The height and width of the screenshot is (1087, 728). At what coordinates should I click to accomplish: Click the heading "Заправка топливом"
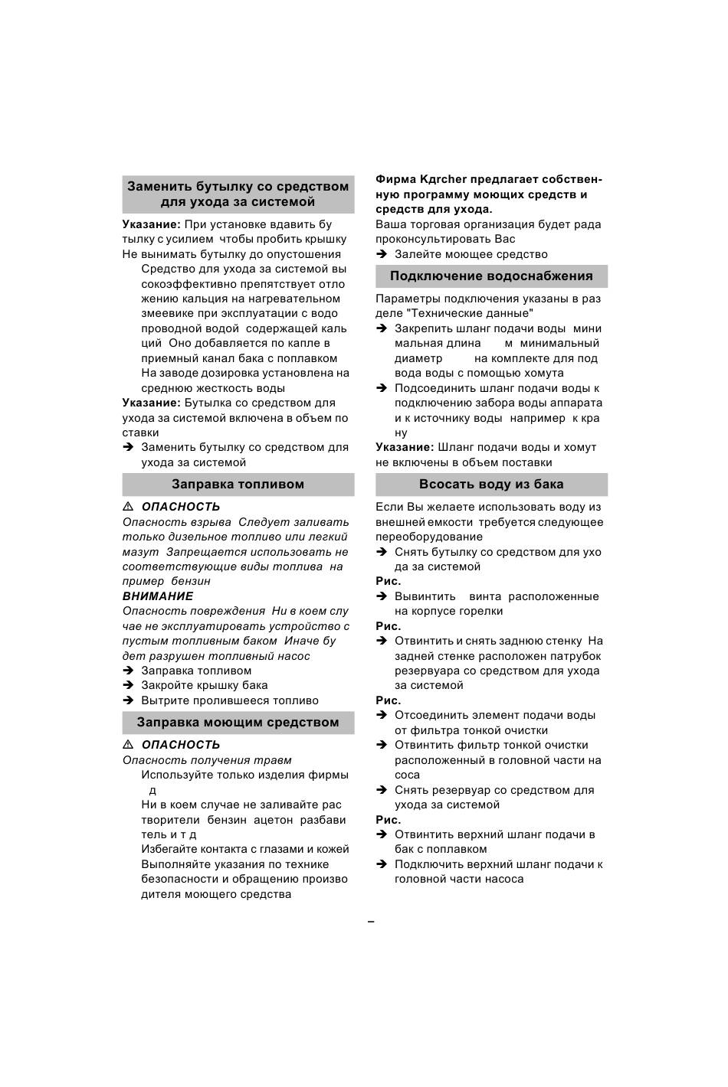coord(238,485)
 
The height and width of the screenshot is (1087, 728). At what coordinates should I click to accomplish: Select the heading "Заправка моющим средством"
coord(238,723)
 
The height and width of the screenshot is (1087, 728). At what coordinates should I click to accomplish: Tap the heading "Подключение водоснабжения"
coord(491,276)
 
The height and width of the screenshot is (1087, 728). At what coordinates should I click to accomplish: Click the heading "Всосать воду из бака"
coord(491,485)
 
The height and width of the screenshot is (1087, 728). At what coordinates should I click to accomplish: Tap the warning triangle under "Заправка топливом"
coord(128,507)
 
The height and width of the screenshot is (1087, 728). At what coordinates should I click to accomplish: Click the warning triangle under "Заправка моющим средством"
coord(128,745)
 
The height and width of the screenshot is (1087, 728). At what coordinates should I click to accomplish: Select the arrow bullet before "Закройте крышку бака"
coord(128,686)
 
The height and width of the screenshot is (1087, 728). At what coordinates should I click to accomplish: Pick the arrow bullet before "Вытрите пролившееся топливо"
coord(128,700)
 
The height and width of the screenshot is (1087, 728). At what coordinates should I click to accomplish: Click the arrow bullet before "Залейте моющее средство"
coord(382,254)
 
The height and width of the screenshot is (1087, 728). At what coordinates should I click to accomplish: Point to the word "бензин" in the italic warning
coord(191,582)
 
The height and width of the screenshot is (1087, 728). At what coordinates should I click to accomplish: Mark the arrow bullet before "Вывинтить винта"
coord(382,597)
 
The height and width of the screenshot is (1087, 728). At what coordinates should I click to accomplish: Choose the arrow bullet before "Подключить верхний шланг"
coord(382,864)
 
